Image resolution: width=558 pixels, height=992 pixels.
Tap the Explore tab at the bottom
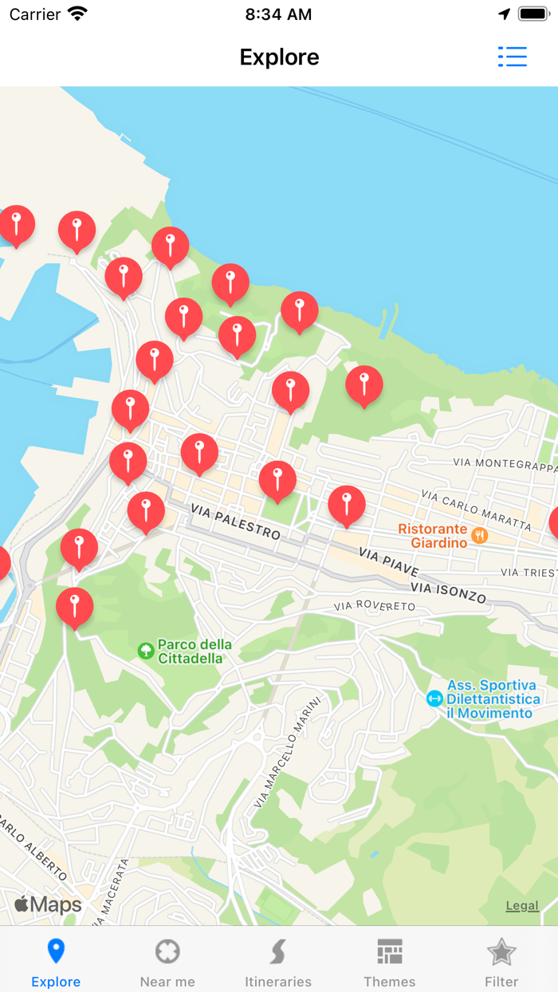pyautogui.click(x=56, y=962)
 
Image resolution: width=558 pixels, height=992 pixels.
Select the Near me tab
pyautogui.click(x=167, y=962)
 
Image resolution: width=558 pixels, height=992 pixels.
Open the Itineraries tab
pyautogui.click(x=278, y=962)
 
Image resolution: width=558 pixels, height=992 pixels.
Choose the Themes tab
pyautogui.click(x=390, y=962)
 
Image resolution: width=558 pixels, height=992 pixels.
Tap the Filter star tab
pyautogui.click(x=501, y=962)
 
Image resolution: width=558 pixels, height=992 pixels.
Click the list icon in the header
pyautogui.click(x=512, y=57)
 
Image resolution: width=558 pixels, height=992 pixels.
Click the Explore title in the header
pyautogui.click(x=279, y=57)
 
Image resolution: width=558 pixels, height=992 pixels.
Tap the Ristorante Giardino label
pyautogui.click(x=433, y=536)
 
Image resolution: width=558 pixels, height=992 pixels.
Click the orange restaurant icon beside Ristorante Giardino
pyautogui.click(x=479, y=535)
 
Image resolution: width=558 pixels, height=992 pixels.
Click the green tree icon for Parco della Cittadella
pyautogui.click(x=146, y=651)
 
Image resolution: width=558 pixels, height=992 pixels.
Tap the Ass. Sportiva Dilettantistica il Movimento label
pyautogui.click(x=492, y=699)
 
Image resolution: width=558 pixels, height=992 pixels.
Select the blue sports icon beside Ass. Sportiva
pyautogui.click(x=434, y=699)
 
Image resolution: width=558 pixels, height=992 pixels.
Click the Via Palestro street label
pyautogui.click(x=236, y=522)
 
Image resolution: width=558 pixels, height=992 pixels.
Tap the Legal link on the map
pyautogui.click(x=522, y=905)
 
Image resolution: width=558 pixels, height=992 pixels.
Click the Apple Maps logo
pyautogui.click(x=48, y=904)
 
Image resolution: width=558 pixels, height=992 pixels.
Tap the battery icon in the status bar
pyautogui.click(x=532, y=14)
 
